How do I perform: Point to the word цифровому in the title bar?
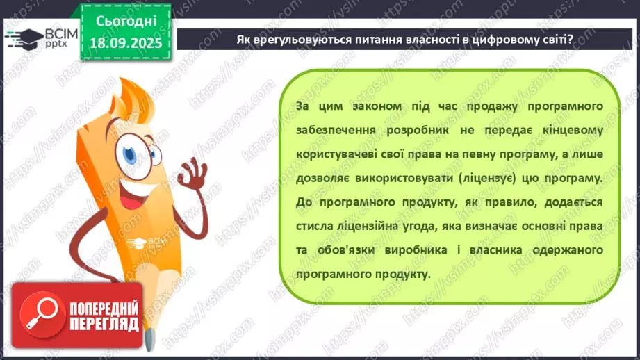tap(489, 39)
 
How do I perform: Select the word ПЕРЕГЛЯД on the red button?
tap(104, 324)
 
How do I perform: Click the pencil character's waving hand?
tap(190, 170)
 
